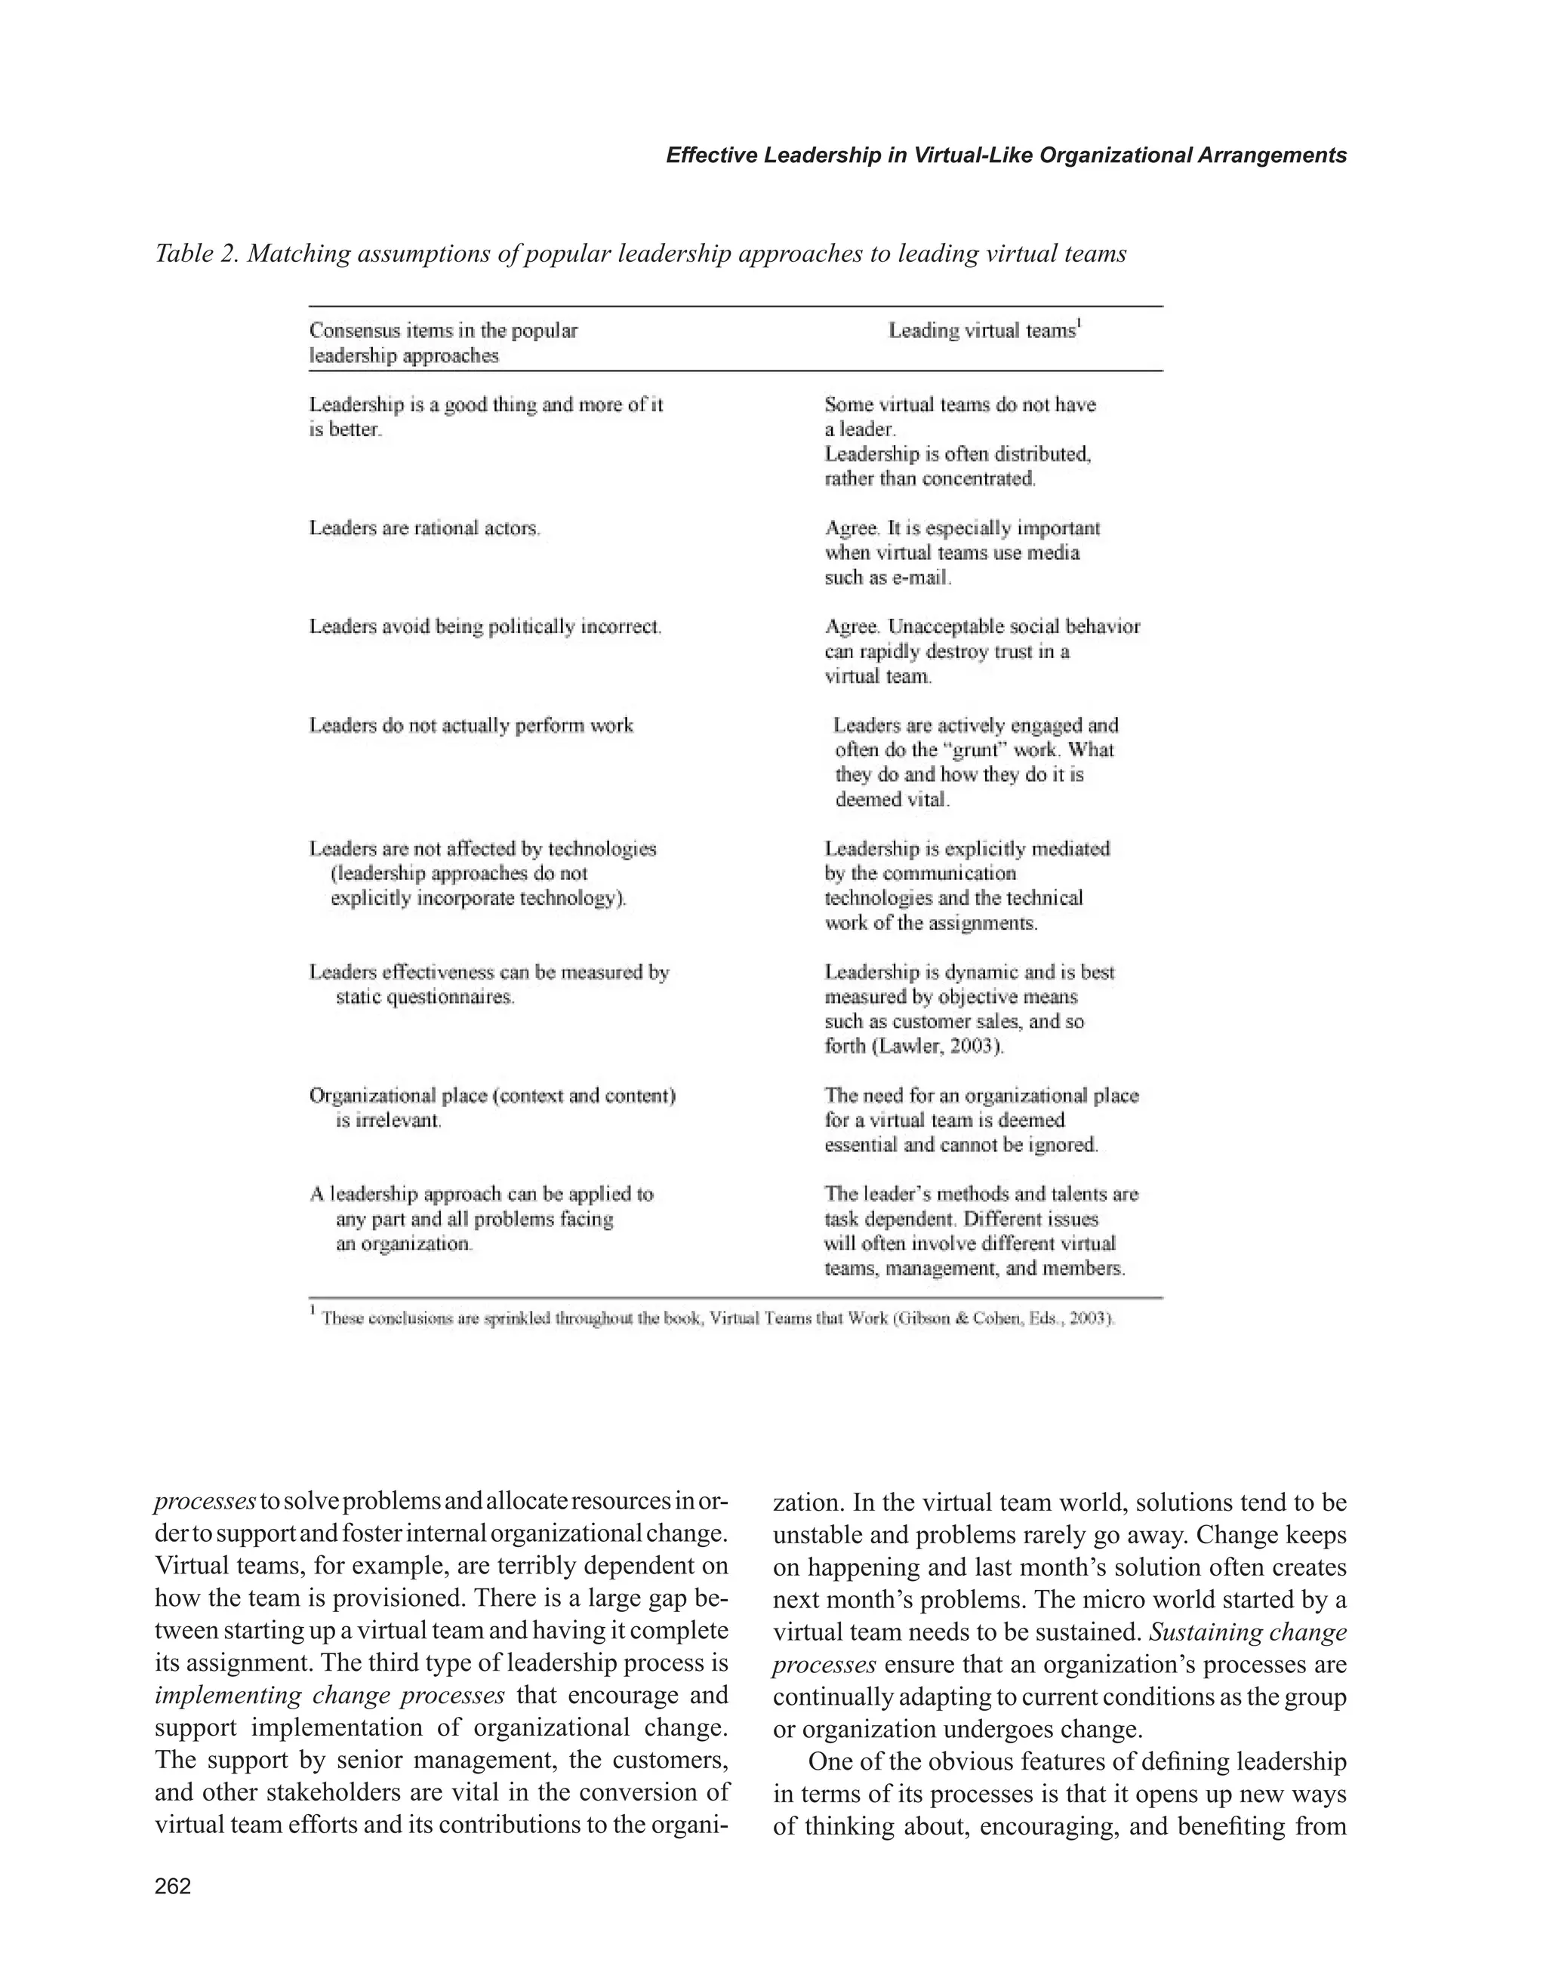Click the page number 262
(173, 1886)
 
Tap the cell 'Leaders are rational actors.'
(425, 528)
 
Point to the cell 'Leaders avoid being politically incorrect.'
(485, 627)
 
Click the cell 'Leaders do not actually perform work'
(470, 726)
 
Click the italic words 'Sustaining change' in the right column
(1248, 1632)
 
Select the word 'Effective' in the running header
(712, 155)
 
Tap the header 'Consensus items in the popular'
(443, 331)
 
